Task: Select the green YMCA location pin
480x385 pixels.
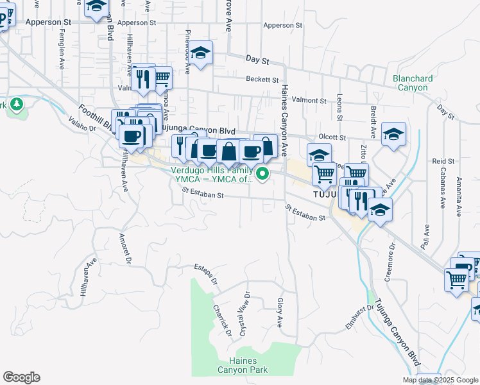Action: (x=262, y=173)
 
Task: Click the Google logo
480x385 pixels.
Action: (x=21, y=377)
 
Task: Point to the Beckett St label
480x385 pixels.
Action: (x=262, y=80)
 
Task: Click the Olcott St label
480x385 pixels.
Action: (x=332, y=137)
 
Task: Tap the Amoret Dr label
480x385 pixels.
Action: (x=124, y=248)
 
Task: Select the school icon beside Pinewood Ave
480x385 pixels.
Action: (x=201, y=53)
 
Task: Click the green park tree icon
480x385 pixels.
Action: (x=16, y=104)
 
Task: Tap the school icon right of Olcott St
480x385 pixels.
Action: (x=394, y=133)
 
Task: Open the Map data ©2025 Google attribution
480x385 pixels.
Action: (x=441, y=380)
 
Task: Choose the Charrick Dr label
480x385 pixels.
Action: (x=222, y=318)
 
